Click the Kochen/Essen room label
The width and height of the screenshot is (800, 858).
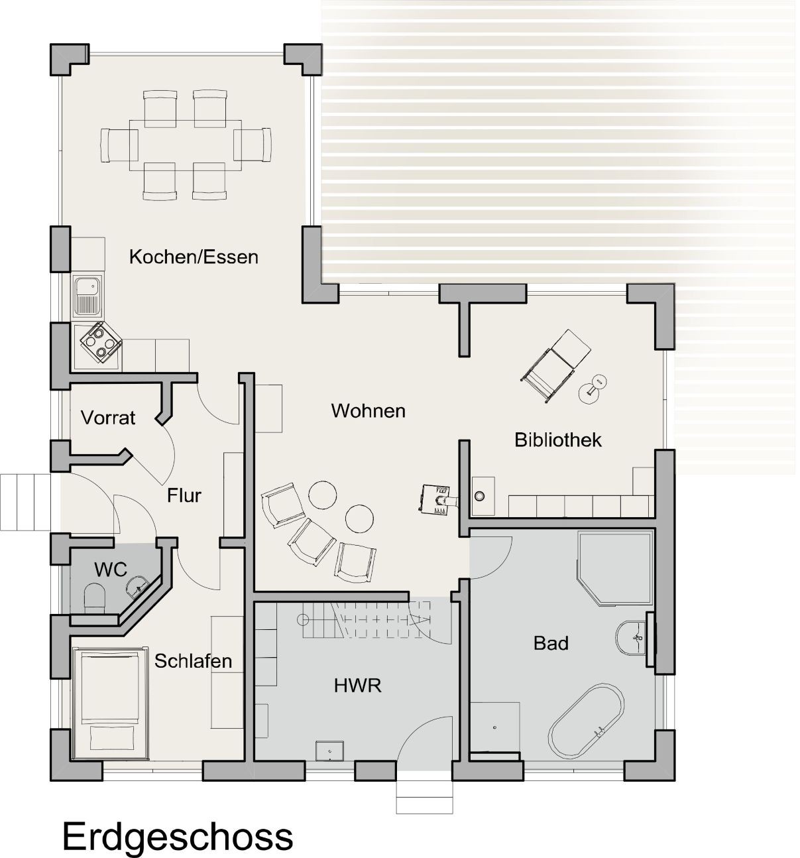click(x=194, y=257)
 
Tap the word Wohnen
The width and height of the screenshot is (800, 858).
click(x=368, y=410)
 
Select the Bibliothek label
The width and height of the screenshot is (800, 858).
click(x=558, y=439)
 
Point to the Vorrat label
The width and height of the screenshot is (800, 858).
click(x=108, y=418)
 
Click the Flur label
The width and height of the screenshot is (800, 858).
click(x=184, y=495)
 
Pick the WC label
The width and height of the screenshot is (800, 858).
click(x=110, y=569)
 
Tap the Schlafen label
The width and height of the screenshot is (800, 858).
click(x=194, y=660)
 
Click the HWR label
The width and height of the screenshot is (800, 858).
click(x=358, y=685)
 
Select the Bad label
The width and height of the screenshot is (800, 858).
click(x=551, y=643)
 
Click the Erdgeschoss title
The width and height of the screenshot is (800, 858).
click(x=178, y=836)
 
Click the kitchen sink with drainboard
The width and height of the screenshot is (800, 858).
click(x=86, y=296)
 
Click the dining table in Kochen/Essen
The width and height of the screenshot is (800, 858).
click(x=185, y=143)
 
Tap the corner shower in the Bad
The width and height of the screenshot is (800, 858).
click(x=613, y=568)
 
